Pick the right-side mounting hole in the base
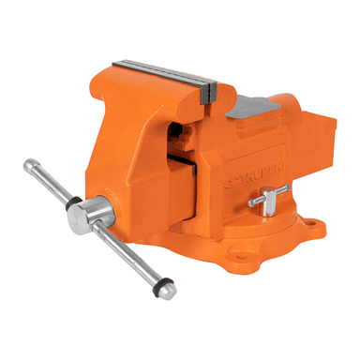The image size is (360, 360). click(310, 226)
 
